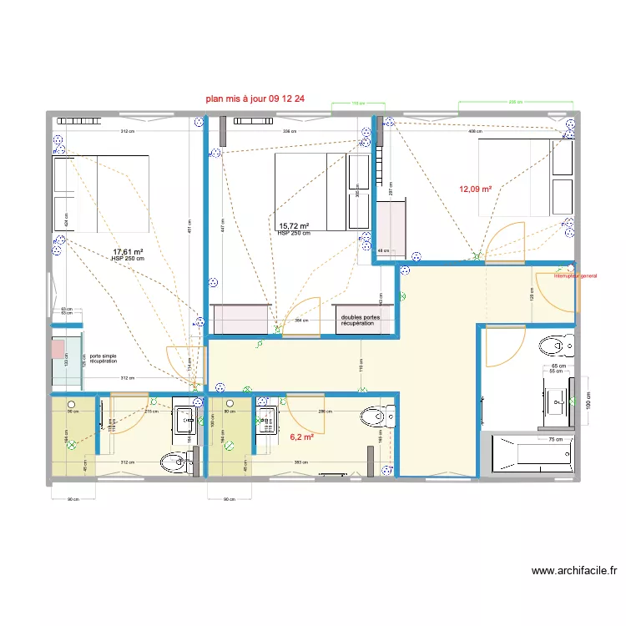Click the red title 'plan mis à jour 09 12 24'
(255, 98)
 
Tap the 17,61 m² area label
(129, 251)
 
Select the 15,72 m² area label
(295, 226)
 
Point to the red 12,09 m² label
(475, 189)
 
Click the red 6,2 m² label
(301, 437)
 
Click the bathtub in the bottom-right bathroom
(531, 455)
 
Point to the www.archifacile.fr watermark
(574, 572)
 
